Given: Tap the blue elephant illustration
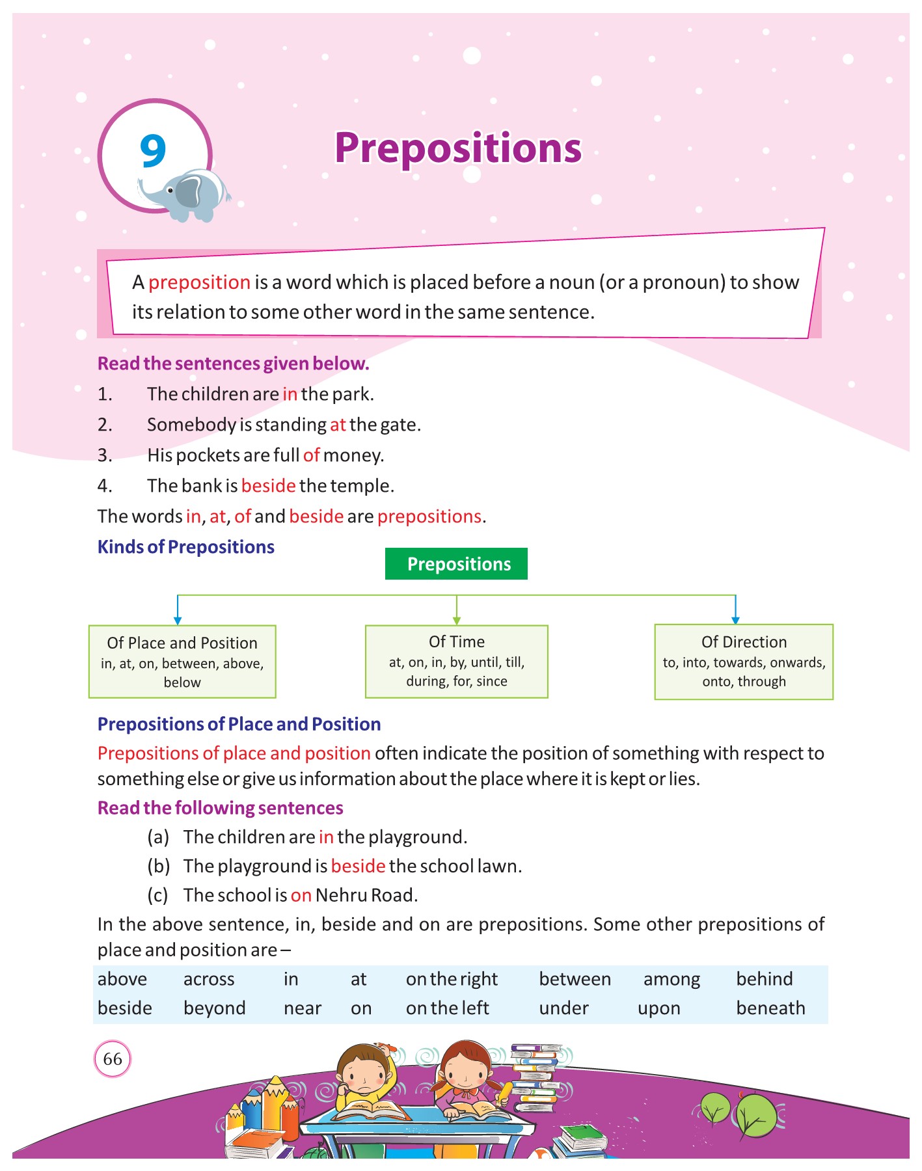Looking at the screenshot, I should (x=189, y=194).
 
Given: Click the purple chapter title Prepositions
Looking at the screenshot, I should (x=458, y=148).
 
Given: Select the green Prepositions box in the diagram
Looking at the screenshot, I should (x=457, y=564).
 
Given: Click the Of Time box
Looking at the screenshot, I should (x=457, y=661).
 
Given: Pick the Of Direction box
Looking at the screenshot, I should (x=744, y=662).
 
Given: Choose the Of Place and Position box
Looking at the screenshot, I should (x=182, y=662).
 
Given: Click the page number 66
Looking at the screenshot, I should (x=113, y=1058).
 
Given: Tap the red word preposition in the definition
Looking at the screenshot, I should (x=199, y=282).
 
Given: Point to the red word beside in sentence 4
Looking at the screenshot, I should (x=268, y=486).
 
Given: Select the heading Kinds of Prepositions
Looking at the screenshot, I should (x=186, y=547).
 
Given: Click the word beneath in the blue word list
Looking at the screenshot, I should (x=770, y=1008).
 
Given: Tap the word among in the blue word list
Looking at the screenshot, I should (x=671, y=980).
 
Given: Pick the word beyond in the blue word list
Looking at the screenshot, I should (x=214, y=1008).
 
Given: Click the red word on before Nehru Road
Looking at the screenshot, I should (x=301, y=896).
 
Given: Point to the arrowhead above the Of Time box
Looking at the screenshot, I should (x=457, y=620).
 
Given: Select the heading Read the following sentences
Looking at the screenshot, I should (x=220, y=808).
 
